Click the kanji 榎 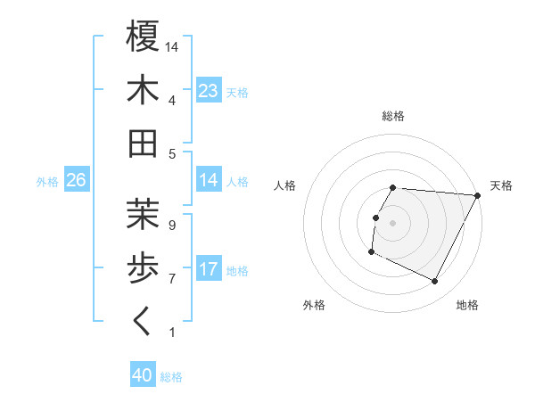(143, 37)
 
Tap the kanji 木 (143, 91)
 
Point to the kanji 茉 (143, 214)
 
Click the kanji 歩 (143, 267)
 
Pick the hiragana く (143, 321)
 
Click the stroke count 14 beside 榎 (173, 45)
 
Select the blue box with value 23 (209, 91)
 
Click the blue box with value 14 (209, 180)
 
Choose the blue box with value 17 (209, 269)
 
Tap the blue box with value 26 (77, 180)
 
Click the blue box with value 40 (143, 376)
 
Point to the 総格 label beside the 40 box (171, 377)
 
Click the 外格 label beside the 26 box (47, 181)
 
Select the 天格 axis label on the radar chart (501, 185)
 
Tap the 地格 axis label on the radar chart (467, 305)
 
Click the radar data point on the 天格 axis (478, 195)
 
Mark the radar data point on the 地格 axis (435, 282)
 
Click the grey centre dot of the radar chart (393, 223)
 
